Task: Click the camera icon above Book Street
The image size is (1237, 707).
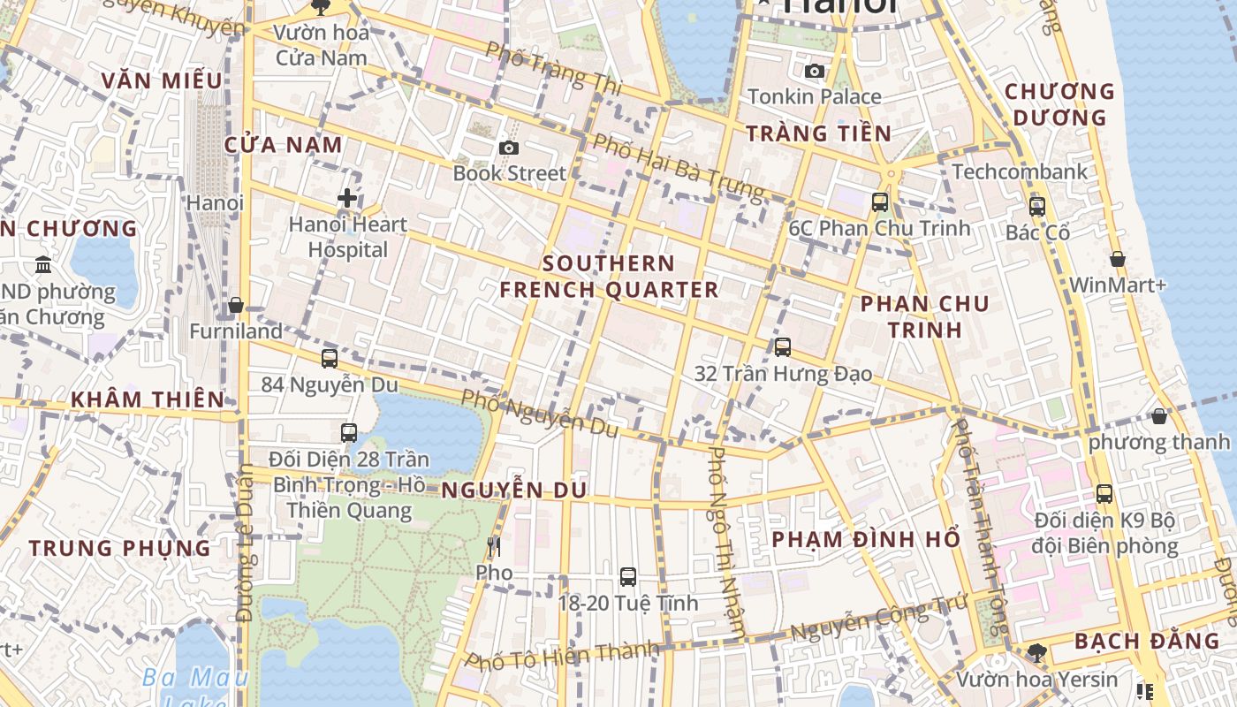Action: (x=508, y=148)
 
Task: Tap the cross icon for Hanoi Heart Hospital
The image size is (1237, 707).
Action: (x=347, y=198)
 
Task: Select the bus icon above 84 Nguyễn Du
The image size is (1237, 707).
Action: (x=330, y=358)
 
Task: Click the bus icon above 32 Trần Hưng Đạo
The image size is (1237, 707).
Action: (x=782, y=346)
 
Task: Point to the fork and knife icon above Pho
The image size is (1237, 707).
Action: (x=493, y=547)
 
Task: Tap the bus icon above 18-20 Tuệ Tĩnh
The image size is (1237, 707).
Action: (x=627, y=577)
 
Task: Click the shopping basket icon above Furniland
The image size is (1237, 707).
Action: (x=235, y=305)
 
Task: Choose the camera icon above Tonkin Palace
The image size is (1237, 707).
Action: (x=814, y=71)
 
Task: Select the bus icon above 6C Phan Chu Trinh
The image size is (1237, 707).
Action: (x=879, y=201)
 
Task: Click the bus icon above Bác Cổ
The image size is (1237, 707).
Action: (x=1036, y=207)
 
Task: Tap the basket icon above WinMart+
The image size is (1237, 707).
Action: (x=1117, y=259)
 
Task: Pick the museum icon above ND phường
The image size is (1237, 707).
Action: (x=42, y=264)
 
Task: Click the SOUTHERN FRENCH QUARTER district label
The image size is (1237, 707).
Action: (x=609, y=277)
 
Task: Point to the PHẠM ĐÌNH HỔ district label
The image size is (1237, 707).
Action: (x=865, y=539)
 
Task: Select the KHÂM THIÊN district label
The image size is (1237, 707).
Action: (x=148, y=399)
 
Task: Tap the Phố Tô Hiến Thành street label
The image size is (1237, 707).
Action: (x=562, y=655)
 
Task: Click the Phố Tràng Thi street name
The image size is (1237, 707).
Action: (x=554, y=68)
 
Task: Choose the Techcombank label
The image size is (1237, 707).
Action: (x=1020, y=171)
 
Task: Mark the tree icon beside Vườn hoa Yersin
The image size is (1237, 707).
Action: (x=1036, y=652)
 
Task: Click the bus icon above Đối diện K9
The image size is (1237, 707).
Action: (x=1104, y=493)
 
